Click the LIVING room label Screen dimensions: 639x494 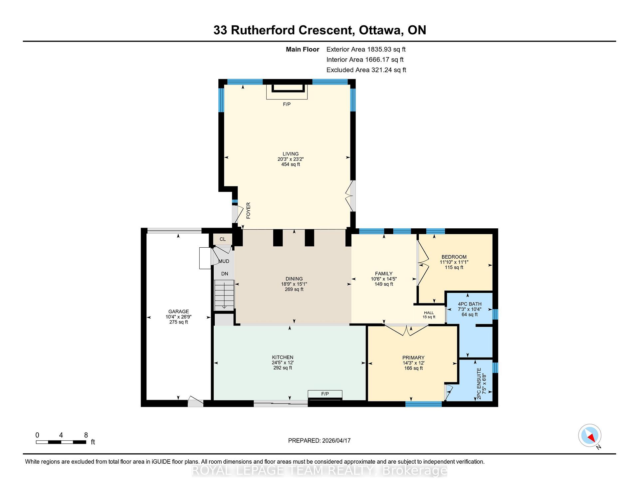coord(291,154)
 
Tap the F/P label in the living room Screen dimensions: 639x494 coord(287,104)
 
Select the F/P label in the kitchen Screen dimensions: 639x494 coord(325,394)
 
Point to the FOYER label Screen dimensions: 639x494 coord(248,210)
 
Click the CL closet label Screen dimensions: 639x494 coord(223,239)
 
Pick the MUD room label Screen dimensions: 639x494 coord(224,261)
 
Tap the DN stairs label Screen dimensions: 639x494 coord(225,274)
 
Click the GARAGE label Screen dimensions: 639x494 coord(179,312)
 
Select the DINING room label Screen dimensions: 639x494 coord(294,279)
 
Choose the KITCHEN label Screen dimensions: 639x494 coord(283,357)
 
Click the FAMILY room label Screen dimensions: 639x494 coord(384,274)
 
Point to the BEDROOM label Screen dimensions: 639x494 coord(454,257)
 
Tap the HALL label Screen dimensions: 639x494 coord(429,313)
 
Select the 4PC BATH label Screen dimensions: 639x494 coord(470,304)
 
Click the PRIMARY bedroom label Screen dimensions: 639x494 coord(413,358)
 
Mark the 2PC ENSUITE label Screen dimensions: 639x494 coord(479,383)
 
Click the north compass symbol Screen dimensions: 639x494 coord(590,435)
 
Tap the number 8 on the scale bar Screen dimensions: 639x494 coord(86,435)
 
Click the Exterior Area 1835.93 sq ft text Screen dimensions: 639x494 coord(366,49)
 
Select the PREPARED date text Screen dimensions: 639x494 coord(319,440)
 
